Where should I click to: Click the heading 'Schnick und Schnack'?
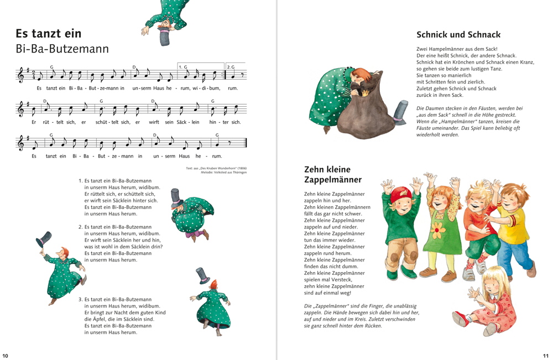coord(458,34)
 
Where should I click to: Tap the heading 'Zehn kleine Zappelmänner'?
coord(332,174)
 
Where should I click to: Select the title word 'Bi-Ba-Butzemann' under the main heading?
coord(62,49)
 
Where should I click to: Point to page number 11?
coord(546,356)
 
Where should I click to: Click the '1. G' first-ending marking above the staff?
coord(183,66)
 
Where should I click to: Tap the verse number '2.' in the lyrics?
coord(80,227)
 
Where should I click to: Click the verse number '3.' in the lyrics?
coord(80,299)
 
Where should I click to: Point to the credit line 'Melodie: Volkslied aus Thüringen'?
coord(217,173)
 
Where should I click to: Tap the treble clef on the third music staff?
coord(21,143)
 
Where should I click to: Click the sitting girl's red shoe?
coord(460,319)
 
